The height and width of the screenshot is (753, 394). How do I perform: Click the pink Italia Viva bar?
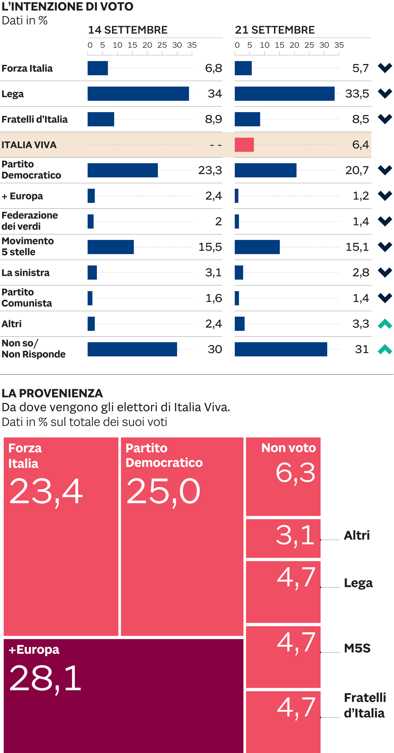(x=244, y=145)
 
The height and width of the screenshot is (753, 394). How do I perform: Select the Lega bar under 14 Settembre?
(x=138, y=93)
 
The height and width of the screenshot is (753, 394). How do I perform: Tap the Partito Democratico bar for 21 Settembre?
(x=265, y=170)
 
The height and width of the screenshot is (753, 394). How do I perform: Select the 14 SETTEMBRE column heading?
(x=128, y=30)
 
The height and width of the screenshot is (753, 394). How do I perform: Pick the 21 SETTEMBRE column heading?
(x=275, y=30)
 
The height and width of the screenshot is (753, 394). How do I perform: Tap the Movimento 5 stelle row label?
(x=28, y=246)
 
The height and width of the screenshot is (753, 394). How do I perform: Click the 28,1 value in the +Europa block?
(x=45, y=678)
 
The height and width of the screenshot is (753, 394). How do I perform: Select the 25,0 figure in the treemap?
(x=163, y=491)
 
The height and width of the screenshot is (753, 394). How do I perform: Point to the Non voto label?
(x=289, y=448)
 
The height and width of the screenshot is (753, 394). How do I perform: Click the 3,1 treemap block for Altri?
(x=283, y=538)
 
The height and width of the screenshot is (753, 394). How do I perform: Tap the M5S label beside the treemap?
(x=357, y=648)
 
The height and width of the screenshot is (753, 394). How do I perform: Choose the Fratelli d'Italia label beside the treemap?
(x=365, y=705)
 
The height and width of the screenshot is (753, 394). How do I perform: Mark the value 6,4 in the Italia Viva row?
(x=360, y=145)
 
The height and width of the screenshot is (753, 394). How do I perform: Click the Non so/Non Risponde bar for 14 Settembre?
(x=132, y=349)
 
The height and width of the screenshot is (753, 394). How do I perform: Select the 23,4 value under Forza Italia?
(x=46, y=491)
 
